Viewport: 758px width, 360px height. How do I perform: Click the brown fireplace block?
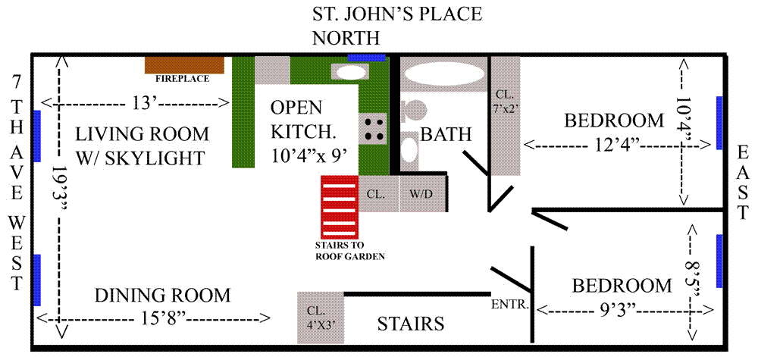point(184,65)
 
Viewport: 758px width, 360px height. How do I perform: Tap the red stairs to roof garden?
point(340,207)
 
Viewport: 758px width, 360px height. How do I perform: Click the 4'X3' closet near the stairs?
point(320,317)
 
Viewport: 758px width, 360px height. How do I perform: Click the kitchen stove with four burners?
point(373,128)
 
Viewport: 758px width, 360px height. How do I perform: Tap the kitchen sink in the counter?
point(350,73)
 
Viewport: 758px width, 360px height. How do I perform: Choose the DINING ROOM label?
point(162,295)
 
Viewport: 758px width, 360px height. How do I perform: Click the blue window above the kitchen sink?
point(367,58)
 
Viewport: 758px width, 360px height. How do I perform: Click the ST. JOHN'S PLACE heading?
point(397,14)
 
